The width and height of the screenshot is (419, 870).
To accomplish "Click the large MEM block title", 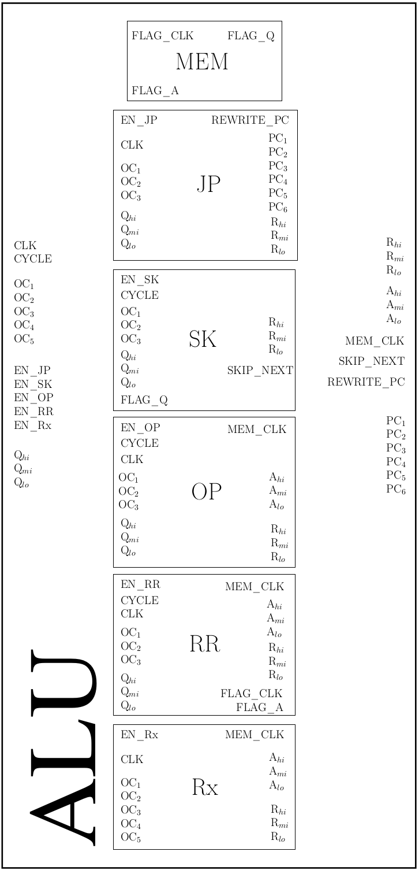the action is (202, 62).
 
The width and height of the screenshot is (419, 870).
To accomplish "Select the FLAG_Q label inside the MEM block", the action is (251, 36).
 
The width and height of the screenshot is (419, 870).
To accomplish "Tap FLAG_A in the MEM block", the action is (155, 90).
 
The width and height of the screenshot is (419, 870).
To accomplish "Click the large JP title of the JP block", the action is (208, 184).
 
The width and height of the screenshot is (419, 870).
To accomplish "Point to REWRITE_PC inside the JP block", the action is (250, 120).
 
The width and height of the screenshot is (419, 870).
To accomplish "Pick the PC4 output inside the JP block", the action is (278, 179).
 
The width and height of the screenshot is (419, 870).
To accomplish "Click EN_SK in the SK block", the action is (140, 280).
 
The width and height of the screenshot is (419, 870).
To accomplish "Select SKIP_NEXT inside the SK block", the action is (260, 371).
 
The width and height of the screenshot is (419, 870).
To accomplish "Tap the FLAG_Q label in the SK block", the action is (144, 399).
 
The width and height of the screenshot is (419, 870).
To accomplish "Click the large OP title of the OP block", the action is (206, 492).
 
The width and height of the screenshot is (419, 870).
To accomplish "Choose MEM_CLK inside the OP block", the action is (257, 430).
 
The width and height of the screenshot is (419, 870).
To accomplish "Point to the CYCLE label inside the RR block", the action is (140, 601).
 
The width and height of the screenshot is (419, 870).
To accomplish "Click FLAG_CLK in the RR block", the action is (252, 694).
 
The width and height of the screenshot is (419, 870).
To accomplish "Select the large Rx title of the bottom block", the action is (205, 787).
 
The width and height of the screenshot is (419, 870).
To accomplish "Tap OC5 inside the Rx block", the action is (130, 838).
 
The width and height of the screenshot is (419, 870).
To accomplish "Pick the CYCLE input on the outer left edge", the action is (33, 259).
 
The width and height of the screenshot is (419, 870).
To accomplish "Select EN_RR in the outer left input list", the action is (33, 412).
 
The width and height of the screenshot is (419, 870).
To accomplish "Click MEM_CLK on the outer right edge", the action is (375, 341).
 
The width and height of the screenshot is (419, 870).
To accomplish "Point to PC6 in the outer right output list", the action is (396, 490).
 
